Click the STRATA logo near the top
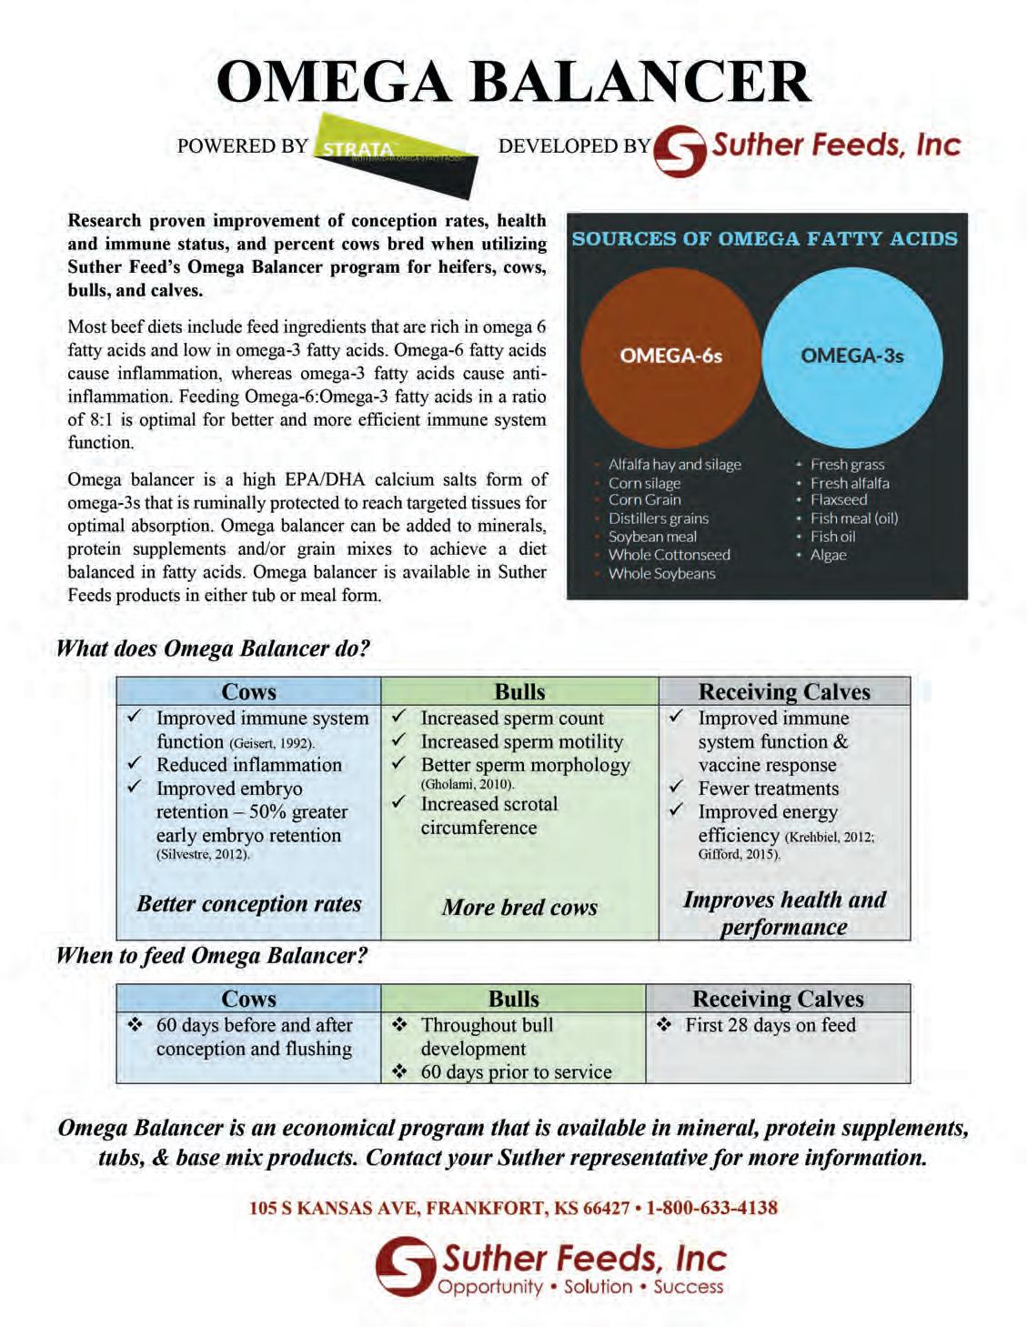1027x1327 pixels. click(395, 154)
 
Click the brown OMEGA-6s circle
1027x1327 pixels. click(670, 356)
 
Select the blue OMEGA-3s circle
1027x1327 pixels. click(851, 356)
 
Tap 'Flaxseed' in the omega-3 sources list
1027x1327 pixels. click(839, 500)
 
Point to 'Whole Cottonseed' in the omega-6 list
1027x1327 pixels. click(669, 555)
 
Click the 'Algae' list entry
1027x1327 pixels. click(828, 555)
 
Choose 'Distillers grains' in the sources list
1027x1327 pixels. click(658, 518)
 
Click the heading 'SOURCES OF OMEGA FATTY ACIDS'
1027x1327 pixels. click(764, 239)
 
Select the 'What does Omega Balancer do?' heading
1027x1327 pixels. click(213, 648)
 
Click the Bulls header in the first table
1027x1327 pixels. click(519, 692)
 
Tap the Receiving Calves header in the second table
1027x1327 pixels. click(778, 999)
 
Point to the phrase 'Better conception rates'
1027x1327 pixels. click(248, 904)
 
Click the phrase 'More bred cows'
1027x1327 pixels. click(519, 907)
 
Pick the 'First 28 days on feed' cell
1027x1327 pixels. click(770, 1025)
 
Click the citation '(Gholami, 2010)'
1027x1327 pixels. click(467, 784)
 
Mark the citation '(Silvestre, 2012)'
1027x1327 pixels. click(202, 854)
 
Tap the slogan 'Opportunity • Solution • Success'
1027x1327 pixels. click(580, 1287)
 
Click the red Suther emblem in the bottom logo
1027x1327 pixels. click(405, 1265)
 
